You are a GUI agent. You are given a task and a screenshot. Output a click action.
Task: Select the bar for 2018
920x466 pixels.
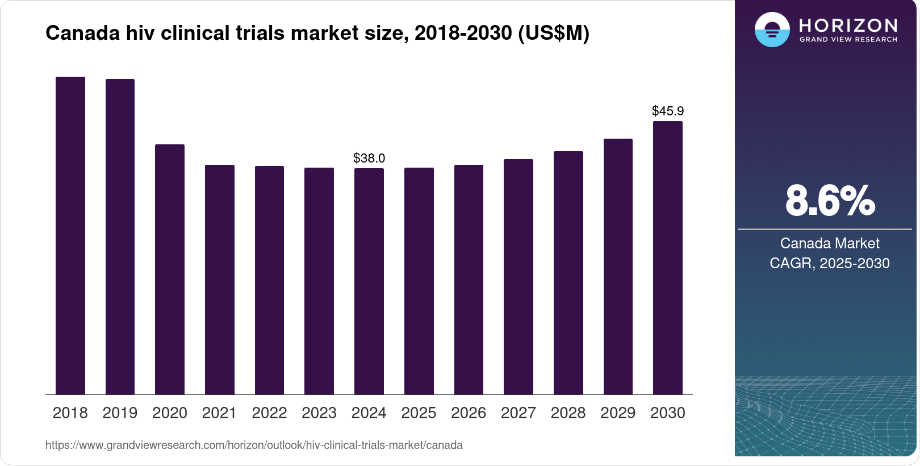point(70,236)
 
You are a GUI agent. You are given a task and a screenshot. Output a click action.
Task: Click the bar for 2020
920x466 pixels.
point(170,269)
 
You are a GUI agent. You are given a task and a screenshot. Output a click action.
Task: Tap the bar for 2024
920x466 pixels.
point(369,281)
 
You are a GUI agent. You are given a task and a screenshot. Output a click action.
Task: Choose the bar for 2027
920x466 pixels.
point(518,277)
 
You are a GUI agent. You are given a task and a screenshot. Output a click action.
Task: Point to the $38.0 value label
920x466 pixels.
point(369,158)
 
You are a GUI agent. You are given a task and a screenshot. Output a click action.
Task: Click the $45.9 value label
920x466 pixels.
point(668,111)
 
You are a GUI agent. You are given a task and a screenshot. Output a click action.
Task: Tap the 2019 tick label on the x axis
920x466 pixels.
point(120,413)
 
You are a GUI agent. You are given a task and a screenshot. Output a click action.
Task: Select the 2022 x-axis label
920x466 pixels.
point(269,413)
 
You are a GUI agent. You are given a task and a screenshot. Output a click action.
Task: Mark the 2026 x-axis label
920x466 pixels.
point(469,413)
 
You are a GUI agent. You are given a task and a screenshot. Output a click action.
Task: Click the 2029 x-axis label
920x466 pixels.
point(618,413)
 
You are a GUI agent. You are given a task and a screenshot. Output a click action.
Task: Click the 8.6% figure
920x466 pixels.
point(830,201)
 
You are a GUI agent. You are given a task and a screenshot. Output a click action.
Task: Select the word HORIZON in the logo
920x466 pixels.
point(848,26)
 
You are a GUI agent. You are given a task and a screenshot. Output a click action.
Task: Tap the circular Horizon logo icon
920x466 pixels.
point(772,30)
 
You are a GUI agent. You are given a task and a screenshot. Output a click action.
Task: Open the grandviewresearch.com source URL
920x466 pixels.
point(254,446)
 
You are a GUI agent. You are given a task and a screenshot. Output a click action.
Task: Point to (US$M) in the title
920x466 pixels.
point(554,33)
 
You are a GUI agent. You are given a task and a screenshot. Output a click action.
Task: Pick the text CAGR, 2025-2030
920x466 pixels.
point(830,263)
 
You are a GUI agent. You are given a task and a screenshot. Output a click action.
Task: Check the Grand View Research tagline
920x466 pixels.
point(848,40)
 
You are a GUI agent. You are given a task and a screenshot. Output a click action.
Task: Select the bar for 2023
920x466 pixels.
point(319,281)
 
